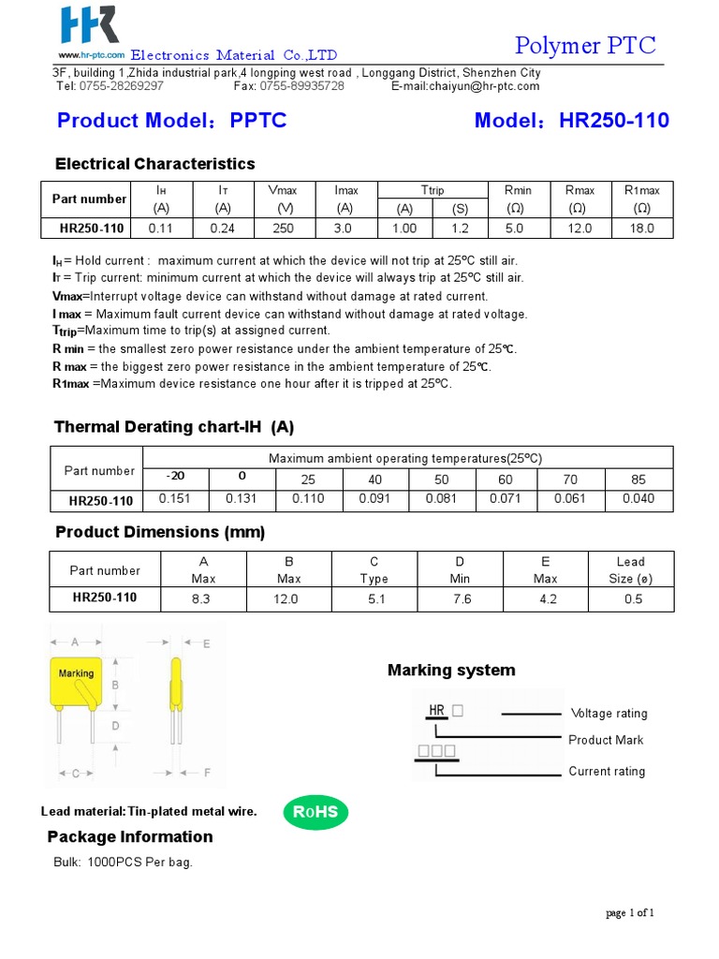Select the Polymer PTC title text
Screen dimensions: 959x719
point(586,45)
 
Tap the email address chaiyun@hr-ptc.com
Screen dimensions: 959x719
point(465,86)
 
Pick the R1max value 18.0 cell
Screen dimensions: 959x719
point(641,228)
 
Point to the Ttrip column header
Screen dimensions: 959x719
point(433,190)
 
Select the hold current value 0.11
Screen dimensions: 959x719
point(161,228)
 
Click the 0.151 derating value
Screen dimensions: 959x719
point(174,499)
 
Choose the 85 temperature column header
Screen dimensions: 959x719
point(638,479)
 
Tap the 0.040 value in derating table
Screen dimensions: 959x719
point(638,499)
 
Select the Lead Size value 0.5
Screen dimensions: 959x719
point(633,599)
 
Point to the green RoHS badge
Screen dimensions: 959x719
point(315,812)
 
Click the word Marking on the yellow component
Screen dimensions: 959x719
point(77,673)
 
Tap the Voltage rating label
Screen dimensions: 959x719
point(609,714)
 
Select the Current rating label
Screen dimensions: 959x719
point(607,772)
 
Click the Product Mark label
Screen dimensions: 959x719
point(606,740)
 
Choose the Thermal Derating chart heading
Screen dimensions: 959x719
point(174,427)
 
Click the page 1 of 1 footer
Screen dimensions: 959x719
point(630,913)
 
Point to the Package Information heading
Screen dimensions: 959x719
point(130,836)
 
